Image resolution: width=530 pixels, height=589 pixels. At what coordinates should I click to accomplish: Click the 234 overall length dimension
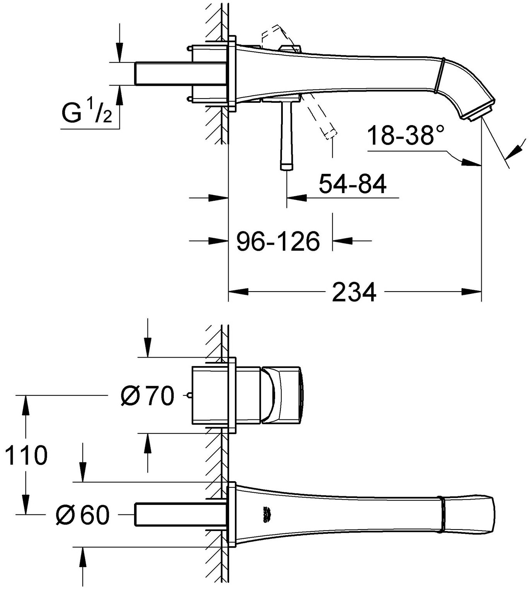pyautogui.click(x=353, y=292)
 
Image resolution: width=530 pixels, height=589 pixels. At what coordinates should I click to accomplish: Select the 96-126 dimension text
pyautogui.click(x=278, y=242)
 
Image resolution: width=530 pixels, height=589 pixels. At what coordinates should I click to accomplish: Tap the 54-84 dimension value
pyautogui.click(x=352, y=184)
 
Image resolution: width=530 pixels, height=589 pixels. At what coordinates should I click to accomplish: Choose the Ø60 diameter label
pyautogui.click(x=83, y=515)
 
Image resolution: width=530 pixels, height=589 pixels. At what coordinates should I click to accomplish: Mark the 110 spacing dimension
pyautogui.click(x=26, y=455)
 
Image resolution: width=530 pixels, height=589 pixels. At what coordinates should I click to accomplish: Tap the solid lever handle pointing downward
pyautogui.click(x=286, y=135)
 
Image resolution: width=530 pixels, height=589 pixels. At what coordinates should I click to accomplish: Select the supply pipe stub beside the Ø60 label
pyautogui.click(x=180, y=514)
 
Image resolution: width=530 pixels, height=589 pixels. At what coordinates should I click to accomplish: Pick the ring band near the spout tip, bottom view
pyautogui.click(x=441, y=514)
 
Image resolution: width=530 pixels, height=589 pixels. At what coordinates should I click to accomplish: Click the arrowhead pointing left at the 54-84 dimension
pyautogui.click(x=296, y=198)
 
